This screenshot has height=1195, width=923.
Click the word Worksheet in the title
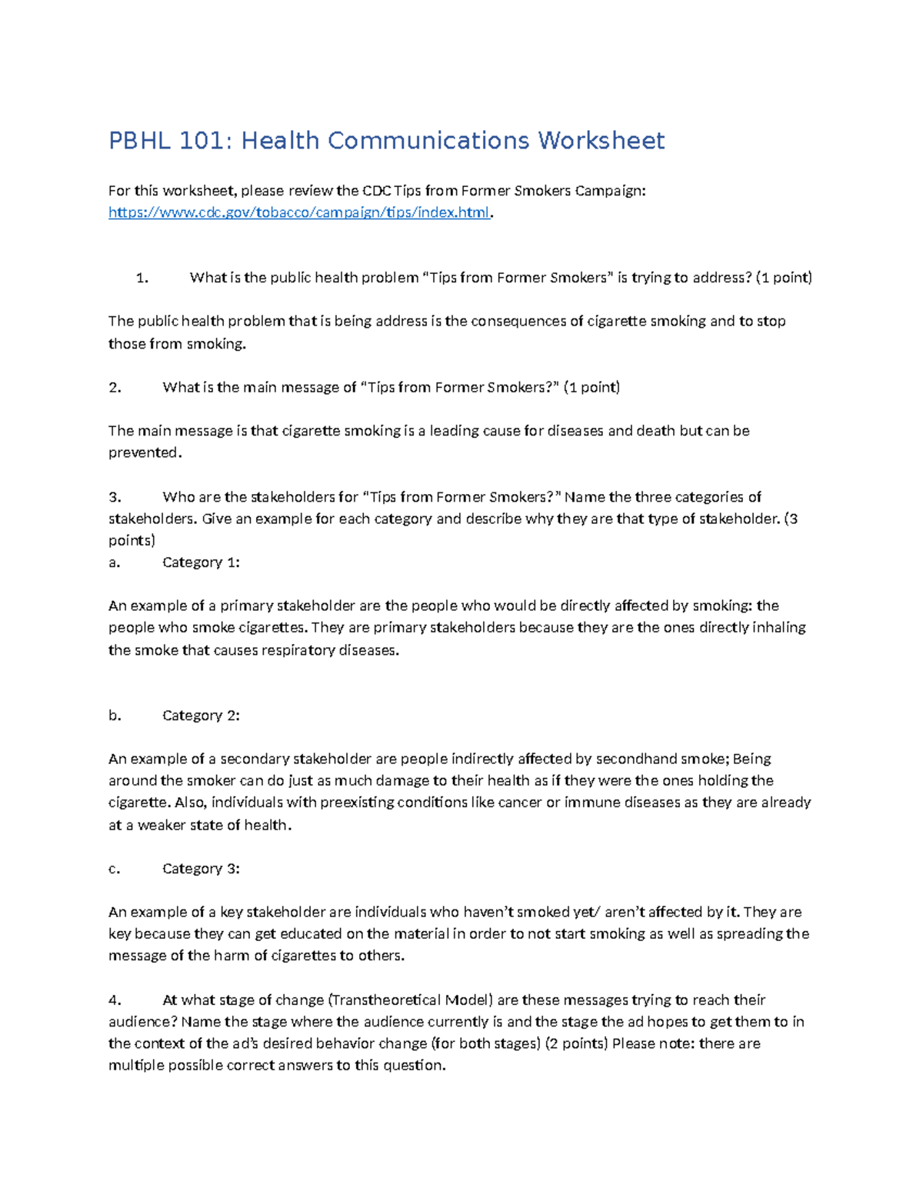[601, 141]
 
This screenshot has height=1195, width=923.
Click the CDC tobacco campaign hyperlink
[298, 212]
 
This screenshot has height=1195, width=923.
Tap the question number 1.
[142, 278]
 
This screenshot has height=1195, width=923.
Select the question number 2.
[115, 388]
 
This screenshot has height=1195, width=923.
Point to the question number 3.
[115, 497]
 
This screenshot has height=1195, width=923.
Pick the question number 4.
[115, 1000]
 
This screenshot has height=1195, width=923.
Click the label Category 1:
[201, 562]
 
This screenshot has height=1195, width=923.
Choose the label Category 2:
[201, 716]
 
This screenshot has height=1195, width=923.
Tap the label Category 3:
[201, 869]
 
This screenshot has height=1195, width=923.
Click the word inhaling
[778, 627]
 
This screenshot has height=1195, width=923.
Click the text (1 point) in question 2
[591, 388]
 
